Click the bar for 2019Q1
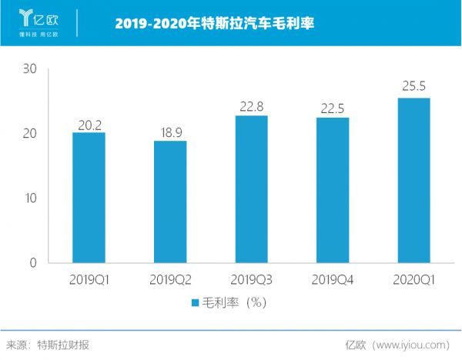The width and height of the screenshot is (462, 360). pos(89,197)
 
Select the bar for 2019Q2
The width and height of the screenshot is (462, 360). pos(169,202)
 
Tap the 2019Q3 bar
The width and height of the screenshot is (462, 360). pos(251,188)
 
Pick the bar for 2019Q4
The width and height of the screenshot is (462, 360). pos(332,190)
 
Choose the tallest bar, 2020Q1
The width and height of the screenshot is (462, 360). pos(413,180)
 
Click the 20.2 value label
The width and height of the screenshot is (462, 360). pos(89,123)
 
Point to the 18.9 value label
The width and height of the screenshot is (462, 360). pos(169,132)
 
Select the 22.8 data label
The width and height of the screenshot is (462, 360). pos(251,106)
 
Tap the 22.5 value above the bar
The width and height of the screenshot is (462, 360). pos(332,108)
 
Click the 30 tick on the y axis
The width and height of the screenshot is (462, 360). pos(30,68)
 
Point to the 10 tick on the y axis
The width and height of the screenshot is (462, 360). pos(30,198)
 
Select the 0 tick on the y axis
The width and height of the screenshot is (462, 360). pos(34,262)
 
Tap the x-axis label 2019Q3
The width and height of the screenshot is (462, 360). pos(251,280)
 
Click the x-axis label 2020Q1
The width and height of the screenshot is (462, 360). pos(413,280)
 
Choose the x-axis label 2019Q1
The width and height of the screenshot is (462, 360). pos(89,280)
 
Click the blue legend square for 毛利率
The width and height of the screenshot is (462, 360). pos(196,302)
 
